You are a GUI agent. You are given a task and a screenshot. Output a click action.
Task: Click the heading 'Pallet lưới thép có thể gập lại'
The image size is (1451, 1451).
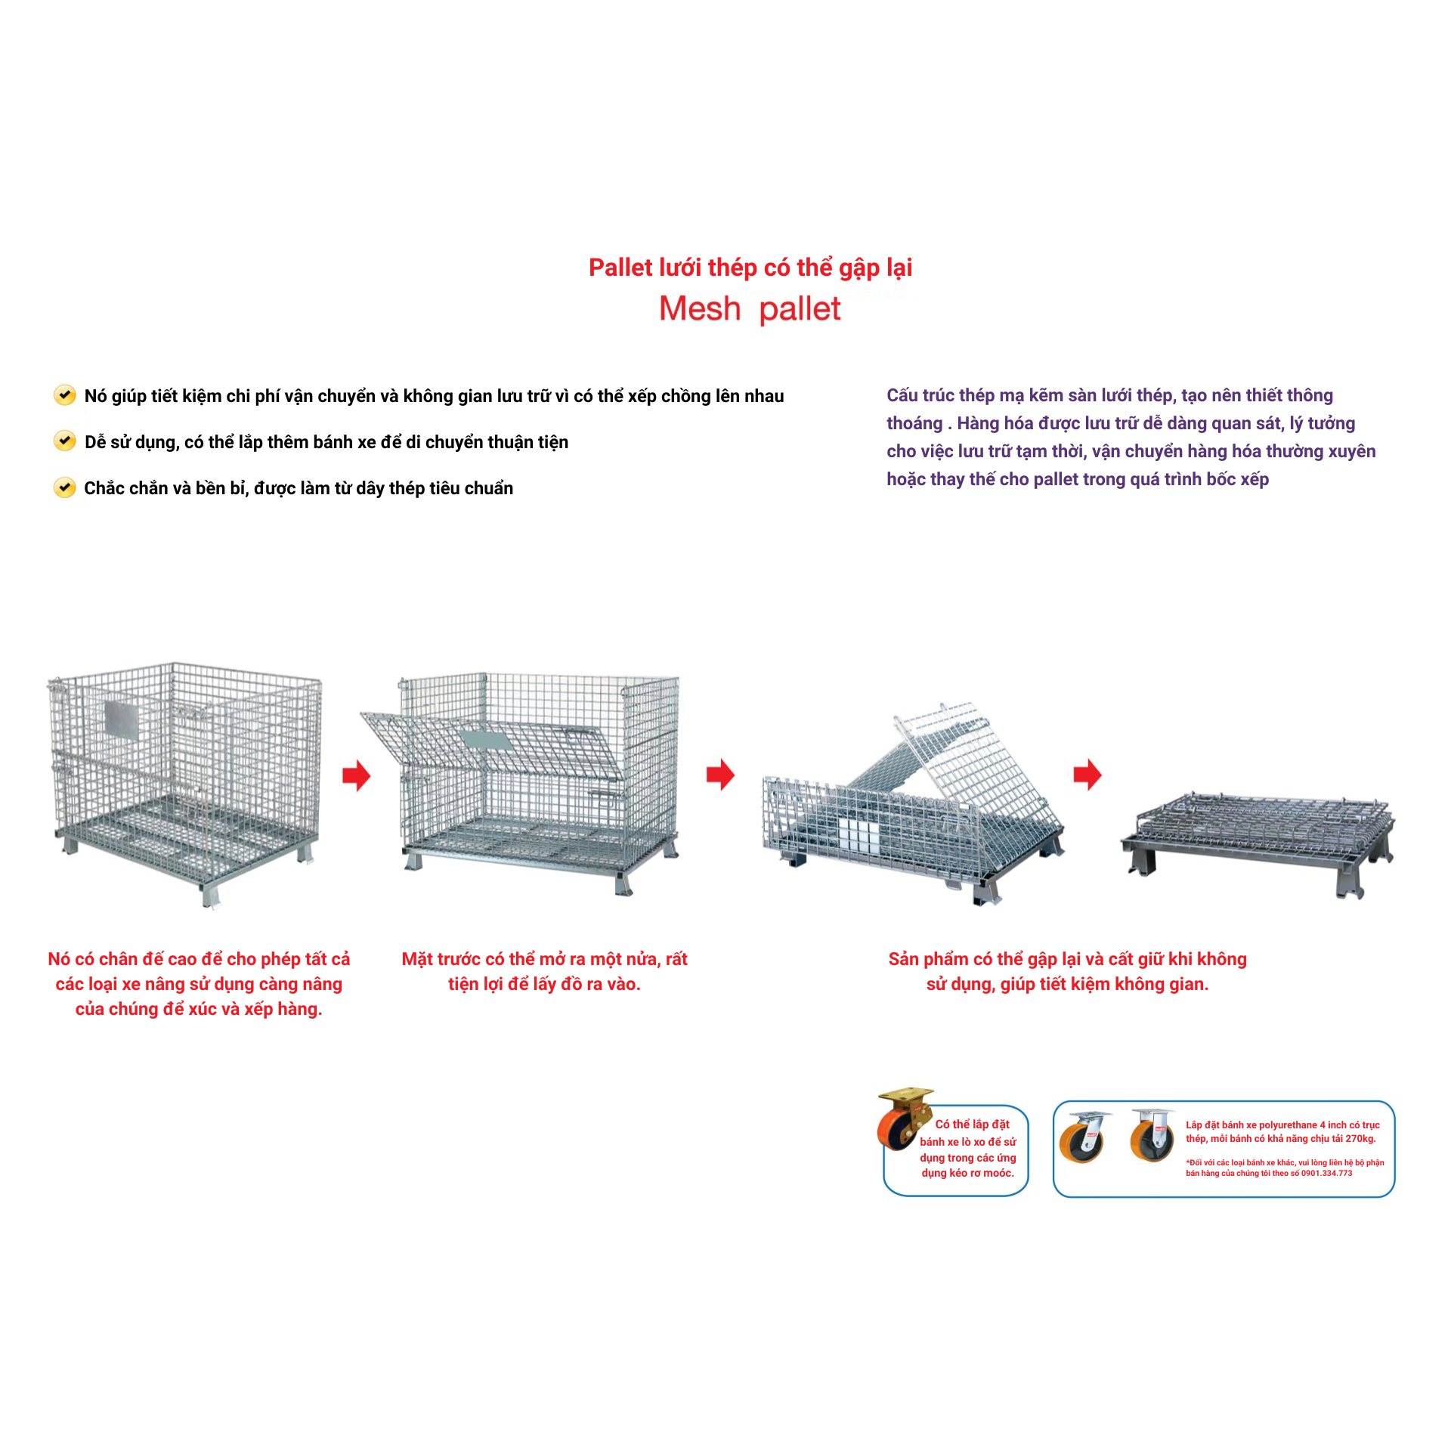point(750,268)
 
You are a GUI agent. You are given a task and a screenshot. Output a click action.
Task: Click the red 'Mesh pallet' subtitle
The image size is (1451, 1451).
point(750,308)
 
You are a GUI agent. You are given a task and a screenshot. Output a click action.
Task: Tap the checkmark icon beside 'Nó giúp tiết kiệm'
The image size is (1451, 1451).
point(65,395)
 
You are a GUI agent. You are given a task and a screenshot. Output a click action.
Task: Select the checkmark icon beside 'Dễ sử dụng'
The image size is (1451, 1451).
point(65,441)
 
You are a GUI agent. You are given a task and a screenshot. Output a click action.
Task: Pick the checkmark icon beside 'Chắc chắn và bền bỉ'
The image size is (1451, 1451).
point(65,487)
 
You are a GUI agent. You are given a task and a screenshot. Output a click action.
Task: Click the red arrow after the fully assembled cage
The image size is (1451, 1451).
point(357,775)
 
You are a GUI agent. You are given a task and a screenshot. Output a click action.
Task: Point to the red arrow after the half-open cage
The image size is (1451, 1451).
point(721,775)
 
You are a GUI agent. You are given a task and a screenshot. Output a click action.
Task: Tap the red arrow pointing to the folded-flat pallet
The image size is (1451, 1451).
point(1087,775)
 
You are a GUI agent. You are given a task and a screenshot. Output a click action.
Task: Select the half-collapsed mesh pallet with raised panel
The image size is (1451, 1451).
point(913,806)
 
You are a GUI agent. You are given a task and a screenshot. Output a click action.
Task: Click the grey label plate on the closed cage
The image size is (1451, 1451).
point(121,719)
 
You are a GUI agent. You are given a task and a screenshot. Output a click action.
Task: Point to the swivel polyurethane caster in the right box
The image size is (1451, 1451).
point(1084,1137)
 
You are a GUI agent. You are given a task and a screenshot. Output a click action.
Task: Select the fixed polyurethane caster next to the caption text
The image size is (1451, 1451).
point(1152,1135)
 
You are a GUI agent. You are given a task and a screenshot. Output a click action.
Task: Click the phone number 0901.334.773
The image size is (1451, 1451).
point(1326,1174)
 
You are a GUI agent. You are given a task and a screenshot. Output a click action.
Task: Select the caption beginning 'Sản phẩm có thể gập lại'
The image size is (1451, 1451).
point(1067,971)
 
